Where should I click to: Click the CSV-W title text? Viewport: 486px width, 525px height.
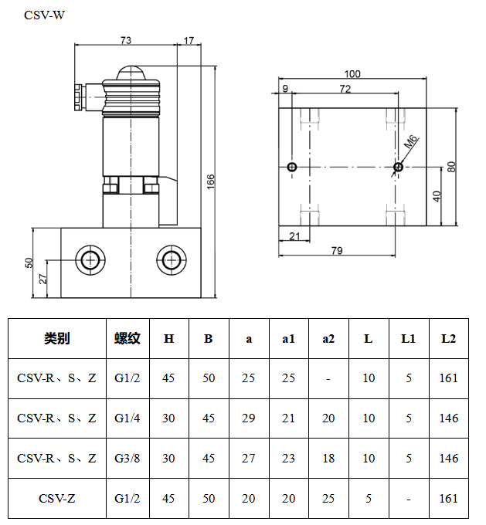pyautogui.click(x=45, y=15)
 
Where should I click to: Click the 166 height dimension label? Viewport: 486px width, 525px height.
pyautogui.click(x=210, y=181)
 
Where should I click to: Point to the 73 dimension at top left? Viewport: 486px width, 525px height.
pyautogui.click(x=126, y=40)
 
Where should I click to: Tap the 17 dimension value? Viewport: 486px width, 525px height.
pyautogui.click(x=189, y=40)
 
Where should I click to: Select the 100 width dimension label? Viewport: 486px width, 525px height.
pyautogui.click(x=352, y=74)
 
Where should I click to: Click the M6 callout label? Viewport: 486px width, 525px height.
pyautogui.click(x=411, y=142)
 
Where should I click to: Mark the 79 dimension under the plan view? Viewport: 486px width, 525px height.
pyautogui.click(x=337, y=250)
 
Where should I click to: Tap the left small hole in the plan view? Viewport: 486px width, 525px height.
pyautogui.click(x=291, y=168)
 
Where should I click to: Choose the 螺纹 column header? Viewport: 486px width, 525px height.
pyautogui.click(x=127, y=338)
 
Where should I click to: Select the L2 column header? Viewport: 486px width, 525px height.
pyautogui.click(x=448, y=338)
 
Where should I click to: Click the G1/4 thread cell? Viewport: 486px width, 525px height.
pyautogui.click(x=127, y=418)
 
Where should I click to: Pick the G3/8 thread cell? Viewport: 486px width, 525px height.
pyautogui.click(x=127, y=459)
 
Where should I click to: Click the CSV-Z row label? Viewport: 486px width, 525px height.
pyautogui.click(x=57, y=499)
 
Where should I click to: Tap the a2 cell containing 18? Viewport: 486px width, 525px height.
pyautogui.click(x=328, y=459)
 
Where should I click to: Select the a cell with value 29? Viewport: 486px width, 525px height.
pyautogui.click(x=248, y=418)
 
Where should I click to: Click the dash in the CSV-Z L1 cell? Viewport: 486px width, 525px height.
pyautogui.click(x=408, y=499)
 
